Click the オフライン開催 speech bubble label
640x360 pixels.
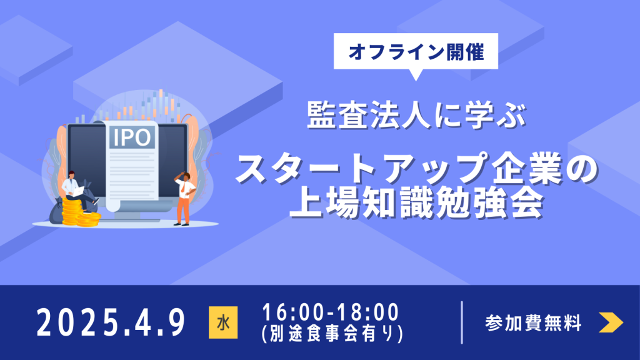416,52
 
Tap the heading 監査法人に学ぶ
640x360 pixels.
416,115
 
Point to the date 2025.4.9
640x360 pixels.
111,323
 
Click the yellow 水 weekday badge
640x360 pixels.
223,322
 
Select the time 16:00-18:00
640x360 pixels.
330,312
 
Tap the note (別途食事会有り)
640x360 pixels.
332,334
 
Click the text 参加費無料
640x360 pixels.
533,323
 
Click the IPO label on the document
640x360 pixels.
132,137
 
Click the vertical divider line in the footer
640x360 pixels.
462,322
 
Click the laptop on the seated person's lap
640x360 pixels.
77,191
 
